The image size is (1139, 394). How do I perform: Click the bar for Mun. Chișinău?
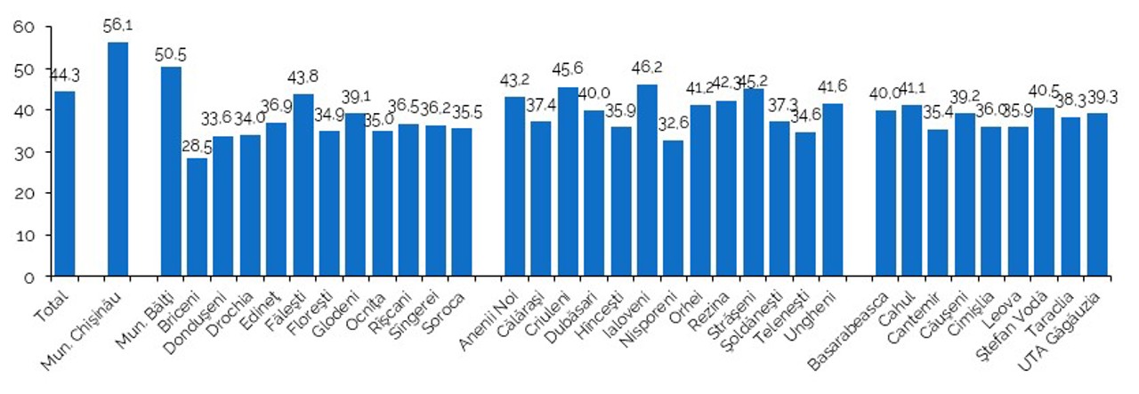pos(117,159)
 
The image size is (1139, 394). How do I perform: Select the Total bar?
pos(65,184)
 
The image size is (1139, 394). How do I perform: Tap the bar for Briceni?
pos(198,217)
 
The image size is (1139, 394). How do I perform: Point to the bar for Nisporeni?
pos(674,208)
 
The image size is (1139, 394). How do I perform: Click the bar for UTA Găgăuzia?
pos(1096,195)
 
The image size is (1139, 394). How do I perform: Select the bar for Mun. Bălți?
pos(171,172)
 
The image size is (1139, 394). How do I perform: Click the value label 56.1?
pos(117,27)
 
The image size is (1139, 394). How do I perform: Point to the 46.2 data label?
pos(648,69)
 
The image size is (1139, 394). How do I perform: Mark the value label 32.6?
pos(674,126)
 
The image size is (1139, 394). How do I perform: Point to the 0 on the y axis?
pos(28,277)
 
